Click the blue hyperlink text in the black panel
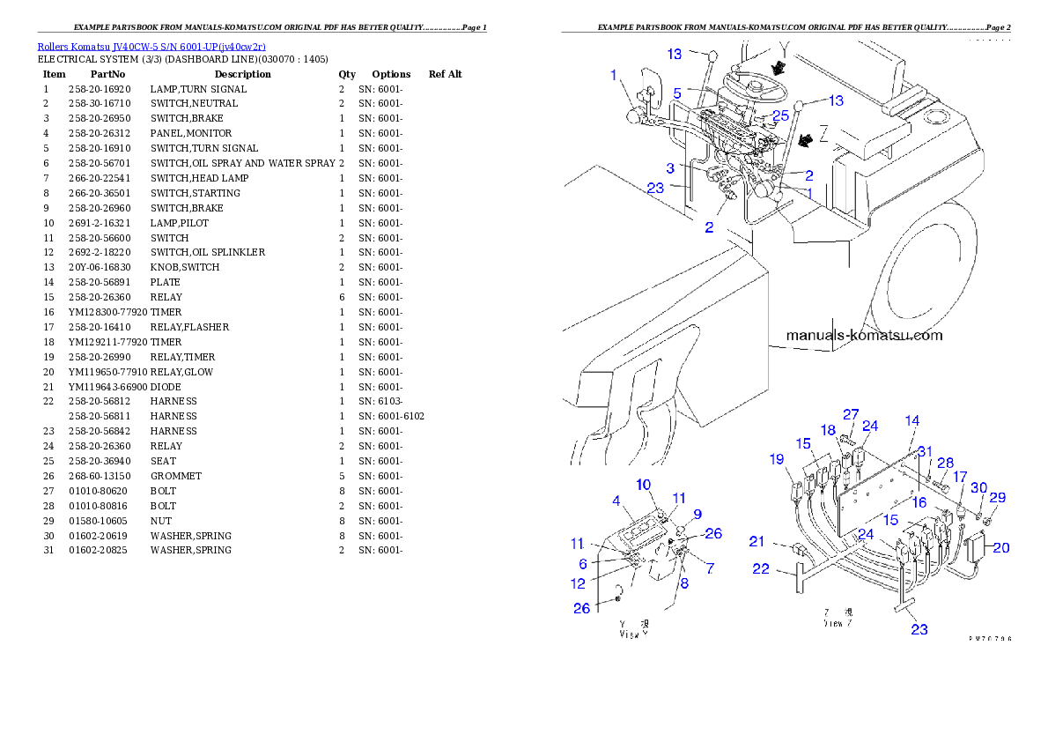coord(151,46)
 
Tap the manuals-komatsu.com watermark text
coord(863,335)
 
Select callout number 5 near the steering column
coord(677,93)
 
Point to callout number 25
coord(780,115)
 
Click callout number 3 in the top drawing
coord(670,167)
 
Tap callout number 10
coord(644,485)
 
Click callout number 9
coord(697,514)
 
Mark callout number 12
coord(578,583)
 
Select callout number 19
coord(776,458)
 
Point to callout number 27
coord(850,414)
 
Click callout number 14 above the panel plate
coord(911,420)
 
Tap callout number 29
coord(997,498)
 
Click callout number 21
coord(756,540)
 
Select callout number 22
coord(761,570)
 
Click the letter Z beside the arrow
coord(823,132)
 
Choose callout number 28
coord(945,464)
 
